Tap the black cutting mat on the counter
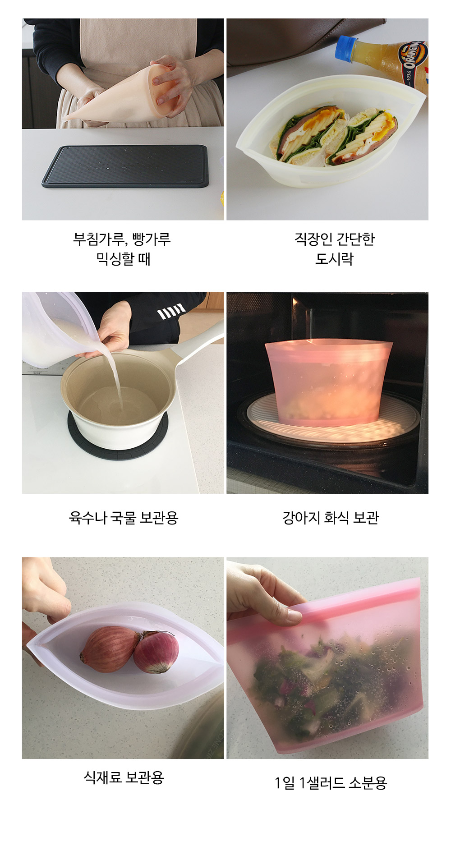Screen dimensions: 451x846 click(126, 166)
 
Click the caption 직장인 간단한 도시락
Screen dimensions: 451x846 click(334, 248)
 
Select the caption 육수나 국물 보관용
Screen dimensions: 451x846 click(124, 517)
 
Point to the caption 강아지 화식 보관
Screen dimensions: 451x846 click(331, 517)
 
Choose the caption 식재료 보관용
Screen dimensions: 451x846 click(124, 777)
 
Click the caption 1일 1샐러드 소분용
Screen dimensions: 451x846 click(331, 782)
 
